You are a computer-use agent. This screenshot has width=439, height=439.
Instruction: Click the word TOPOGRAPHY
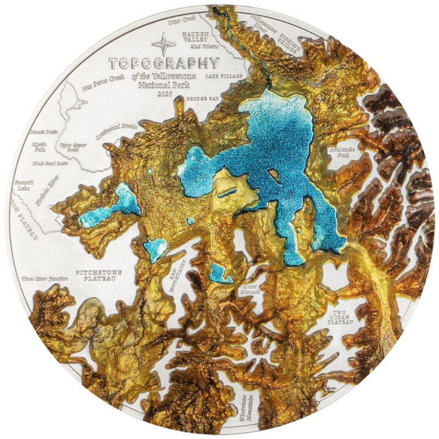(163, 62)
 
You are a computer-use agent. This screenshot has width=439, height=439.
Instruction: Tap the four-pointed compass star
(163, 44)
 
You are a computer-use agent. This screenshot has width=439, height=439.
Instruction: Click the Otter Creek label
(180, 21)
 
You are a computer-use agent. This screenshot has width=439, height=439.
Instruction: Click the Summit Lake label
(27, 187)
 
